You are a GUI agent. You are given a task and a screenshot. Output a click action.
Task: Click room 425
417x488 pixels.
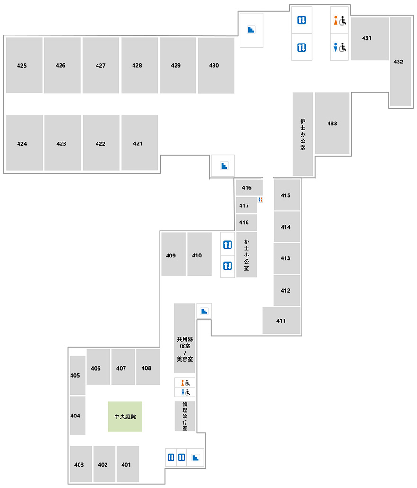point(24,65)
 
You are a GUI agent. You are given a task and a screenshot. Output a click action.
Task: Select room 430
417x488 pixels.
point(216,65)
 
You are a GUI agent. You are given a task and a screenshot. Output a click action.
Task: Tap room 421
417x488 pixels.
point(140,142)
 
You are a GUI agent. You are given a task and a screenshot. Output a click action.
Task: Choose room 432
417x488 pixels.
point(401,62)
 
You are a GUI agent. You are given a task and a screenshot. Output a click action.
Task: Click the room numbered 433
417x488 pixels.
point(332,123)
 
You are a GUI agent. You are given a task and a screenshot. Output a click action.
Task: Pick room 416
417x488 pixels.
point(249,187)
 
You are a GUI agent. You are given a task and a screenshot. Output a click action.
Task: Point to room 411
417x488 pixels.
point(281,320)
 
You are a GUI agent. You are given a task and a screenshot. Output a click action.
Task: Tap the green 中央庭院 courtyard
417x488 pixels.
point(125,417)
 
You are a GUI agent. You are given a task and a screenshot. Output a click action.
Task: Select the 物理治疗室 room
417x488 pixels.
point(185,416)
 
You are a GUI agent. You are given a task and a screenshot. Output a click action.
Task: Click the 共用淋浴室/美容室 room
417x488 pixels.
point(184,338)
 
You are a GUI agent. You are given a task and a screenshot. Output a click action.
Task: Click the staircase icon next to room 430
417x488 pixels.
point(251,29)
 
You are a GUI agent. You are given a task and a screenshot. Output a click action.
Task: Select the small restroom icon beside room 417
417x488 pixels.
point(260,199)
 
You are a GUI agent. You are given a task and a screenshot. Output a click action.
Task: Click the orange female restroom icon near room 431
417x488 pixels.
point(336,20)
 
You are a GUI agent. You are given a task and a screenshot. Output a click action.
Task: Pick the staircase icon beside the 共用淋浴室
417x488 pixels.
point(204,311)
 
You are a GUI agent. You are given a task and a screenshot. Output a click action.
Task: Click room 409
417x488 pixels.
point(173,254)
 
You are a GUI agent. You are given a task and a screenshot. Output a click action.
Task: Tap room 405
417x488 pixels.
point(77,375)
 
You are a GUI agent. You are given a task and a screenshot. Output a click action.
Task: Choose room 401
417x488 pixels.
point(128,464)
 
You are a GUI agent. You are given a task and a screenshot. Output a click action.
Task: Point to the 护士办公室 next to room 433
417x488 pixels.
point(302,134)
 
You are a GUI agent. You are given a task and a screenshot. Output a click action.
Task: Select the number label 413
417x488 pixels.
point(285,258)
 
